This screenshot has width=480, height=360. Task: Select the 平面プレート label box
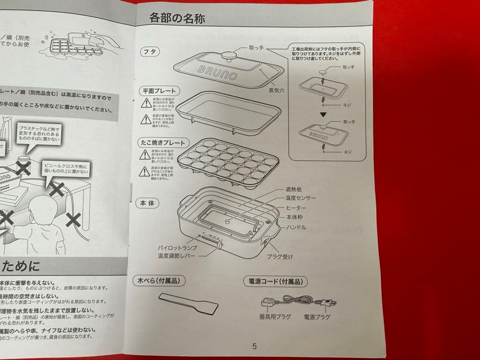click(159, 91)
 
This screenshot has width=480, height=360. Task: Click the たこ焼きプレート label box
click(163, 143)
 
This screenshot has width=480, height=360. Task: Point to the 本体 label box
click(147, 203)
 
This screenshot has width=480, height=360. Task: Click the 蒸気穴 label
click(276, 90)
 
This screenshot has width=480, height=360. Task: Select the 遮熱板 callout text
click(294, 189)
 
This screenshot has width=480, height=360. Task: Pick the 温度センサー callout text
click(300, 198)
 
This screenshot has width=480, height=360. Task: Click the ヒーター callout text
click(296, 208)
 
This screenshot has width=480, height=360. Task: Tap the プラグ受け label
click(280, 256)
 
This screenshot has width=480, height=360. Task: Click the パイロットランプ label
click(178, 247)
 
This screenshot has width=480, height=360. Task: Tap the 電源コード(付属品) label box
click(276, 281)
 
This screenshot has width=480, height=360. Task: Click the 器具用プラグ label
click(275, 317)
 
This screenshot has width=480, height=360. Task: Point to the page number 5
click(255, 346)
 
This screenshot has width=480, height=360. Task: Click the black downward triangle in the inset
click(324, 114)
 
